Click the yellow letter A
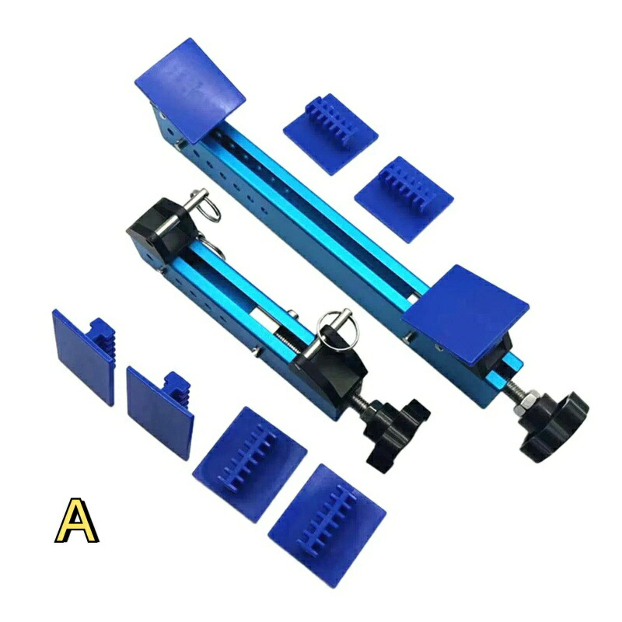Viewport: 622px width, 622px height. point(76,520)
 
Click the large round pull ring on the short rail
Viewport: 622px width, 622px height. point(337,328)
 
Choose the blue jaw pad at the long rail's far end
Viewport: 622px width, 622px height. point(190,89)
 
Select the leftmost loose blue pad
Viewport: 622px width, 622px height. point(84,356)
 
